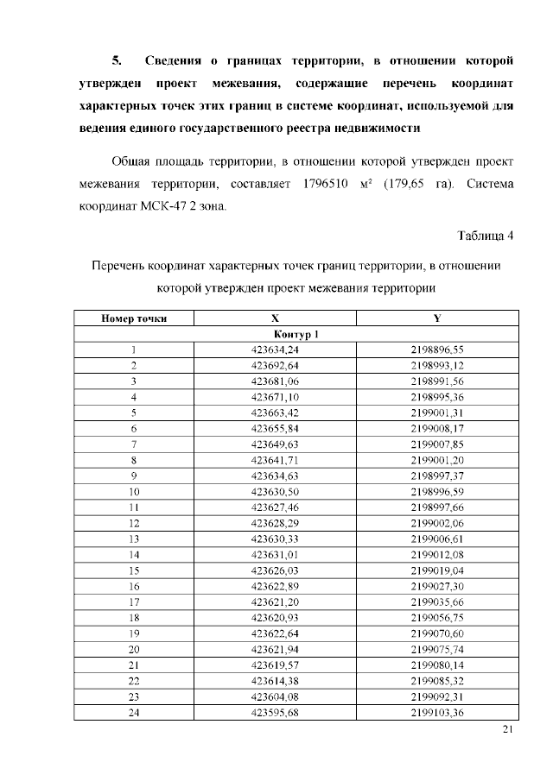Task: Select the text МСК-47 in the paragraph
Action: tap(150, 207)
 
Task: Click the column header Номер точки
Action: tap(134, 318)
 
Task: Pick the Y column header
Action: tap(437, 318)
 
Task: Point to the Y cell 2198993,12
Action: tap(437, 365)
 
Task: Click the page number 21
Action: tap(507, 731)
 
